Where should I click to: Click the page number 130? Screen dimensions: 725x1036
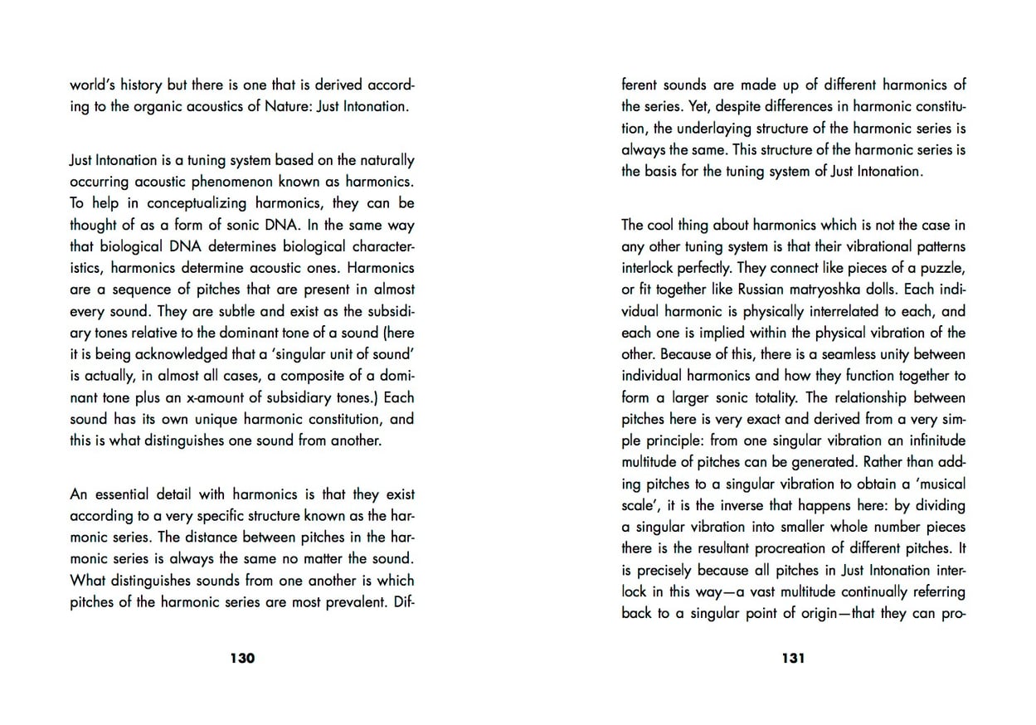242,659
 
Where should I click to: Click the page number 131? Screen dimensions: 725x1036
793,659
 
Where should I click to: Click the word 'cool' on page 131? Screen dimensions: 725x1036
666,225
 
